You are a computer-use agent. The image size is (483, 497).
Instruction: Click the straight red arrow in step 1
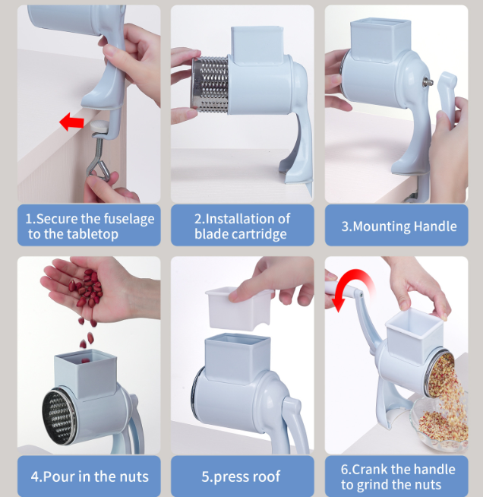pyautogui.click(x=71, y=122)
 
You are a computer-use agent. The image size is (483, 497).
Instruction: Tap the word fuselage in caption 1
pyautogui.click(x=128, y=220)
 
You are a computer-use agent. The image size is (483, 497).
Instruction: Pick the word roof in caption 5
pyautogui.click(x=267, y=476)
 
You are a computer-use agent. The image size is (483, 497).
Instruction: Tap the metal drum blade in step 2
pyautogui.click(x=210, y=85)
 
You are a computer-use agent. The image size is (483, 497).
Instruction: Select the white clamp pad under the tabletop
pyautogui.click(x=99, y=125)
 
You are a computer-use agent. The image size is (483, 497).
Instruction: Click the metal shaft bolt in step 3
pyautogui.click(x=428, y=82)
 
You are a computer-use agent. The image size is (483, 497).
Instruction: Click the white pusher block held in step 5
pyautogui.click(x=238, y=308)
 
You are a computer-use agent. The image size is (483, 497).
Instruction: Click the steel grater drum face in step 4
pyautogui.click(x=59, y=416)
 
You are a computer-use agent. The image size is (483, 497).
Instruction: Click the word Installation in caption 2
pyautogui.click(x=248, y=219)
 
